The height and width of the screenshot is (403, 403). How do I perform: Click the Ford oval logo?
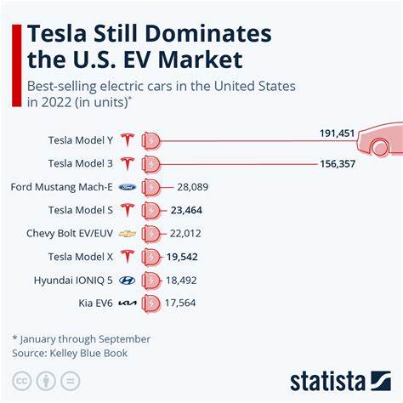(x=128, y=185)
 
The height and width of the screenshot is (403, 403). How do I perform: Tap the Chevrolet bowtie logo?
(x=128, y=232)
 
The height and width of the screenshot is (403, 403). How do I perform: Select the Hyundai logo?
(x=128, y=279)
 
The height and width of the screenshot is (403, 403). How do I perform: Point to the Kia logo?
(x=128, y=302)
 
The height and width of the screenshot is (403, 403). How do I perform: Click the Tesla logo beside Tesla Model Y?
(x=128, y=139)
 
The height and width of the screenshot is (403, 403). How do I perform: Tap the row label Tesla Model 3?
(x=81, y=162)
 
